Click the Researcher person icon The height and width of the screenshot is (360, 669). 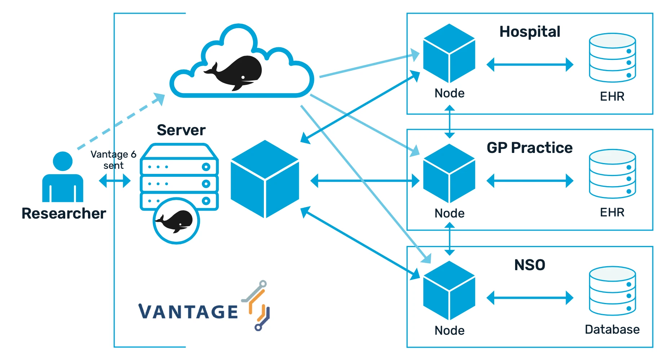[x=63, y=177]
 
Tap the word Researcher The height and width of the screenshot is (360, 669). [x=64, y=213]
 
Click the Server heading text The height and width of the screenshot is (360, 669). [x=181, y=130]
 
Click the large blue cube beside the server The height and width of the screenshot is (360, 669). [x=265, y=179]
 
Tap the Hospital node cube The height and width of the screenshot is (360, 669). [x=449, y=53]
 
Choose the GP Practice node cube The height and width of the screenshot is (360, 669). [x=449, y=174]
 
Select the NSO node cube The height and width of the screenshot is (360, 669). [x=449, y=291]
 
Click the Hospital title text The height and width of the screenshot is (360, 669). [x=530, y=32]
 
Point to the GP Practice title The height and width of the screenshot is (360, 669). [x=530, y=148]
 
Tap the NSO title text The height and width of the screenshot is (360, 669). [x=530, y=265]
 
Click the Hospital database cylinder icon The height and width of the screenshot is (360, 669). [x=612, y=58]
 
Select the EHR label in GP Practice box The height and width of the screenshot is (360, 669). [x=612, y=212]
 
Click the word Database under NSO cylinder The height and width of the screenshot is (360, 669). [x=612, y=329]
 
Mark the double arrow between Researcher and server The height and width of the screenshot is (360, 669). [x=115, y=181]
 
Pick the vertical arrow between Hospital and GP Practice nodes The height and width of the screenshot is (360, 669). [x=449, y=122]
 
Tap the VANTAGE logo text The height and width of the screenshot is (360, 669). [x=188, y=312]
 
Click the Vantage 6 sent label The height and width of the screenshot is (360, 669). [x=113, y=160]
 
